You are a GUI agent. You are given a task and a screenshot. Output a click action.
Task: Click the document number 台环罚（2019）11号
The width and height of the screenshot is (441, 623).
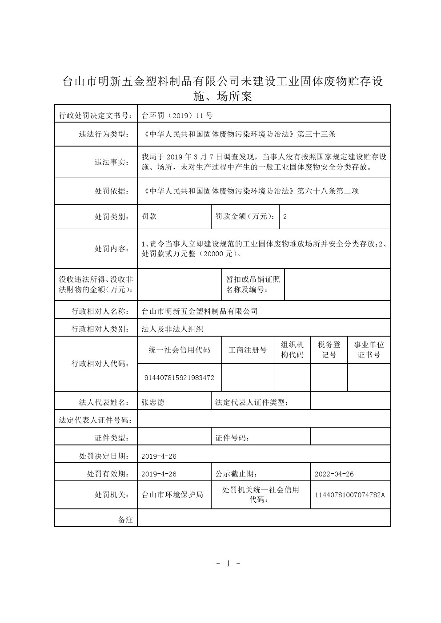tap(177, 116)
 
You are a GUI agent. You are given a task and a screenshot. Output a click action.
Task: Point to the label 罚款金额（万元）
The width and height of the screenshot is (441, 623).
tap(245, 217)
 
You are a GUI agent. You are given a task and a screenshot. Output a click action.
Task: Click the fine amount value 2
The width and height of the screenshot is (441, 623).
tap(285, 217)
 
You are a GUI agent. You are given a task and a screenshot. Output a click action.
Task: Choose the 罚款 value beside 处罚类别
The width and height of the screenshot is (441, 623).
tap(149, 217)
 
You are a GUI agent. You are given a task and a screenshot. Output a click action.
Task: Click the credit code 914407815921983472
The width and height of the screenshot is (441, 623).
tap(180, 378)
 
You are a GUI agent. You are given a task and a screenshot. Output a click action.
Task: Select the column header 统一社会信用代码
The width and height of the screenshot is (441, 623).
tap(180, 350)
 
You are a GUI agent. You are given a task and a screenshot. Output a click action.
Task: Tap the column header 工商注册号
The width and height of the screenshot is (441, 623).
tap(248, 350)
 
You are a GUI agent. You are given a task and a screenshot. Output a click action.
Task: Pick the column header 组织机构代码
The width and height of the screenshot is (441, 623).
tap(293, 350)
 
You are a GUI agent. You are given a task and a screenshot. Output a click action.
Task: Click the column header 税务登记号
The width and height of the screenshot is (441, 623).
tap(329, 350)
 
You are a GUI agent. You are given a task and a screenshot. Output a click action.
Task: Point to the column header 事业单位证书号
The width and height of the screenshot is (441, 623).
tap(369, 350)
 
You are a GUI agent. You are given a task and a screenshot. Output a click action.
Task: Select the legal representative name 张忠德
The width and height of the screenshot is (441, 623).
tap(153, 402)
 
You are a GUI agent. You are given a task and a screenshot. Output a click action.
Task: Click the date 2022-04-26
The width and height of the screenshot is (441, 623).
tap(334, 474)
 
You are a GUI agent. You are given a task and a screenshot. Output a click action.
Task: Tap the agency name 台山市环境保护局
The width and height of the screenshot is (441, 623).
tap(172, 495)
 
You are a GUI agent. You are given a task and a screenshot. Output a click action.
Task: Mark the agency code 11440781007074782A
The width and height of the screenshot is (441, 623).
tap(350, 495)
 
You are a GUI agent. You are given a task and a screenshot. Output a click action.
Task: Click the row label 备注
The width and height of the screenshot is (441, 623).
tap(126, 520)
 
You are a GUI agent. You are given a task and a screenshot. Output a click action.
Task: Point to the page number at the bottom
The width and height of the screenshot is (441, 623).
tap(228, 564)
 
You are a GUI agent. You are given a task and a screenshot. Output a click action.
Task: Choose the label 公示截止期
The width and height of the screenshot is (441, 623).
tap(236, 474)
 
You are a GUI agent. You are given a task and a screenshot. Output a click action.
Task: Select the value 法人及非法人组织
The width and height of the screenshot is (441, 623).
tap(172, 329)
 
